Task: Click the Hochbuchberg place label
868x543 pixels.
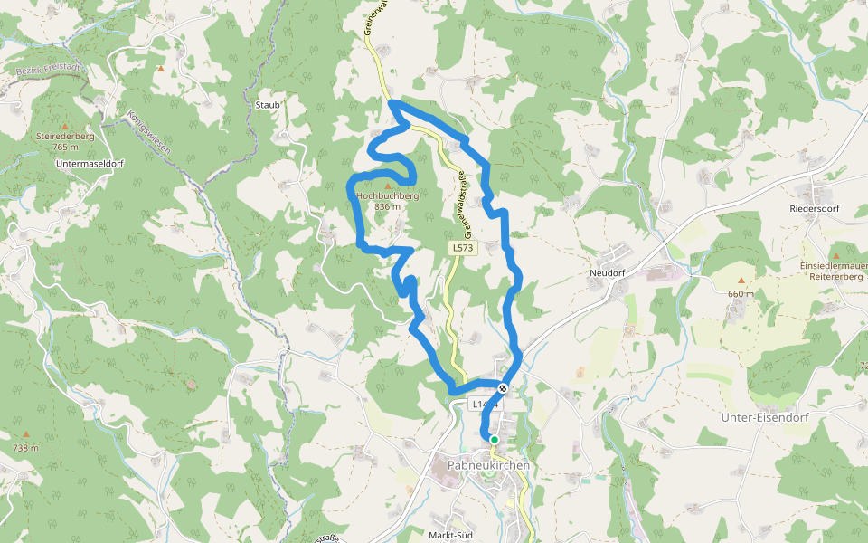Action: (387, 195)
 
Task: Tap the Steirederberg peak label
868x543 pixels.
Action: (65, 136)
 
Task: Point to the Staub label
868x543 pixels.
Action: (268, 105)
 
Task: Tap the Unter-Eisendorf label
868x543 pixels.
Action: (765, 417)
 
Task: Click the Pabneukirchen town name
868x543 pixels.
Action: (488, 465)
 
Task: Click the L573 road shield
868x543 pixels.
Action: (462, 247)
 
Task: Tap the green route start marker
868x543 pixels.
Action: (494, 440)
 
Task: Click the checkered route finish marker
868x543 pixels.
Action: (503, 388)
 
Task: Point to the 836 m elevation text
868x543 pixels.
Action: (387, 206)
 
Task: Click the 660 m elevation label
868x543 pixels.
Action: (741, 293)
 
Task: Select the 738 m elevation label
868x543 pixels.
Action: (25, 448)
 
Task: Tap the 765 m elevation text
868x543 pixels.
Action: (65, 147)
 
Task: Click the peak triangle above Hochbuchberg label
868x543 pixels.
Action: (388, 185)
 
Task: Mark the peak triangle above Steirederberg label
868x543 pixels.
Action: (64, 126)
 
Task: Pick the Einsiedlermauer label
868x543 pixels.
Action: (831, 266)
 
